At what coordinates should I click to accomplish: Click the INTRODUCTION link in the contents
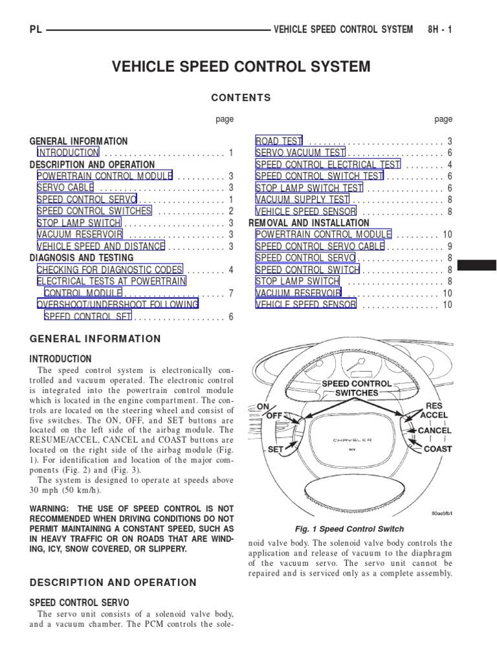click(x=68, y=153)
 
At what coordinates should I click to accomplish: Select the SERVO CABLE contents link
click(x=65, y=188)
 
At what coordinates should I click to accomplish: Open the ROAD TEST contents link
click(x=280, y=141)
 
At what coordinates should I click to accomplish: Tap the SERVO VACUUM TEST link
click(x=300, y=153)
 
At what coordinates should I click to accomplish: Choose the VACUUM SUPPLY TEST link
click(x=302, y=199)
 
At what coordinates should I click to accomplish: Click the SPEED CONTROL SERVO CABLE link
click(x=320, y=246)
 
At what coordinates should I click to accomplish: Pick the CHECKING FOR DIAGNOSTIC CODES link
click(x=109, y=269)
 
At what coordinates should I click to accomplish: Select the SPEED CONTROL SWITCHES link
click(x=94, y=211)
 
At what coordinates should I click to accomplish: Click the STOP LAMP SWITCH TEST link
click(x=309, y=188)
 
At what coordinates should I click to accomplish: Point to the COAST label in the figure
click(x=437, y=449)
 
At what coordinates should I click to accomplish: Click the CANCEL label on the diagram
click(x=435, y=431)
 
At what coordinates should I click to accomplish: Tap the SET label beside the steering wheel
click(x=276, y=449)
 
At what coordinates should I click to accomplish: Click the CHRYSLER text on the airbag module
click(x=352, y=440)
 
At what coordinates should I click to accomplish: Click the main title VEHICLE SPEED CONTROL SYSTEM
click(x=241, y=67)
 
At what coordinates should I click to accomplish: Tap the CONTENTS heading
click(x=241, y=98)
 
